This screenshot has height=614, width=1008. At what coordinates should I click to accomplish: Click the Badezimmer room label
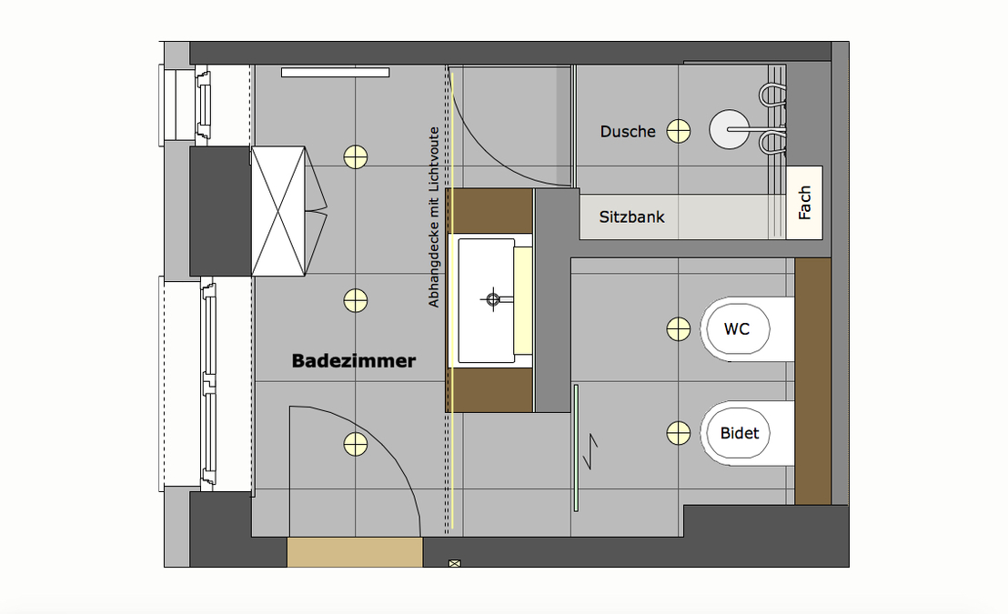click(x=354, y=361)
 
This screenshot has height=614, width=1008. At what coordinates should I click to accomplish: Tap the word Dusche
click(x=628, y=132)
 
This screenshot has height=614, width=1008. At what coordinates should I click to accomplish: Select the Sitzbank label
click(x=631, y=217)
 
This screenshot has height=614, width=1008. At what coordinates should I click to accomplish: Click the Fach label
click(x=804, y=203)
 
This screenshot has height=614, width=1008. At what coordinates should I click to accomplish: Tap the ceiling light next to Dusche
click(x=678, y=131)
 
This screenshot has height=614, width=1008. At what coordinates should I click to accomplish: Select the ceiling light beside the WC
click(x=678, y=329)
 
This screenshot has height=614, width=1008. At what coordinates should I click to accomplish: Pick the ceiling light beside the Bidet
click(x=678, y=433)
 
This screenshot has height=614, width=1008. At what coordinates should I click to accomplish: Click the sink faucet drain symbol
click(x=493, y=299)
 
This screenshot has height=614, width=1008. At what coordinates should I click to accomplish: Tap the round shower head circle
click(x=729, y=129)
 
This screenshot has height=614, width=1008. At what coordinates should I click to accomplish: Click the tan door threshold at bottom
click(x=355, y=552)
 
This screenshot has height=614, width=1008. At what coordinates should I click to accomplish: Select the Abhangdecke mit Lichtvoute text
click(x=434, y=217)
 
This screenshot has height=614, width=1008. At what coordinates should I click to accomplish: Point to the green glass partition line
click(x=576, y=448)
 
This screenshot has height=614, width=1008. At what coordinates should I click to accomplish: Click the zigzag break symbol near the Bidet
click(x=590, y=450)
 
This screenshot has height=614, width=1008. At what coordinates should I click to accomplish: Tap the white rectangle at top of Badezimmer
click(x=335, y=73)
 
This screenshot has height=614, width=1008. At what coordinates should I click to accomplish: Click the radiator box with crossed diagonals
click(x=277, y=212)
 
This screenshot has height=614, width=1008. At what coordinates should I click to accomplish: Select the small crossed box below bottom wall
click(x=455, y=564)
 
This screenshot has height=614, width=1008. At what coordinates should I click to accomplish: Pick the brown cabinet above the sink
click(x=489, y=211)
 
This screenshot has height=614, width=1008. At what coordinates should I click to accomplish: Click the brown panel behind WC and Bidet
click(x=812, y=381)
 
